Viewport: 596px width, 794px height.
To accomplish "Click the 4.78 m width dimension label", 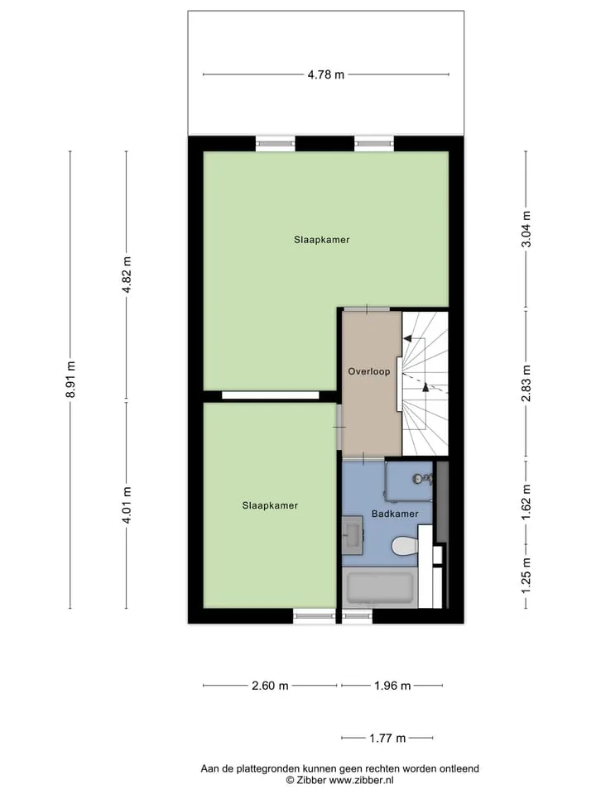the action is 326,74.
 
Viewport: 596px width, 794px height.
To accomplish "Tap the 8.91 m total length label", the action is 70,380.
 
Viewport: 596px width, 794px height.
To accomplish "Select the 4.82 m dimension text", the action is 127,275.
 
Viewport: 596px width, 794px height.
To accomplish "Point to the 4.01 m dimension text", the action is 127,505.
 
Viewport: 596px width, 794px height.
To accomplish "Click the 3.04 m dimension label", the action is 526,229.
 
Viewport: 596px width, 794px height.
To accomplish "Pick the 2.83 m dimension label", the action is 526,383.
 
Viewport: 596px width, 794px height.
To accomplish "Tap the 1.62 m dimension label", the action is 526,502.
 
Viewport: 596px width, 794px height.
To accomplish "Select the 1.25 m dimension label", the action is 526,576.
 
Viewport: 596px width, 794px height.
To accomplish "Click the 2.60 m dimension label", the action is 270,686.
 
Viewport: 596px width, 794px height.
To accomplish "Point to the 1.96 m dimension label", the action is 392,686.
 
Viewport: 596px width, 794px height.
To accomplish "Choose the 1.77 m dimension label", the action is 387,739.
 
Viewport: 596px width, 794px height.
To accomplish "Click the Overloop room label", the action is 369,371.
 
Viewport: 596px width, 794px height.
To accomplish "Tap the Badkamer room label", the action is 395,514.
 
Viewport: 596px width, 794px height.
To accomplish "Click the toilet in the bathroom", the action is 406,546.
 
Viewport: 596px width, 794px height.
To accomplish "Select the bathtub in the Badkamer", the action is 380,588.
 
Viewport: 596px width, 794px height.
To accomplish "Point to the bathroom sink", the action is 353,535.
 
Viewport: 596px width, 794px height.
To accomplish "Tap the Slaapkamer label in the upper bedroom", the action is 322,240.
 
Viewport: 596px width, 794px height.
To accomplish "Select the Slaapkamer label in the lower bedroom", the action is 270,505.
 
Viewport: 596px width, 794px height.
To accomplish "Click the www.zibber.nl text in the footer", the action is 362,780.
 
